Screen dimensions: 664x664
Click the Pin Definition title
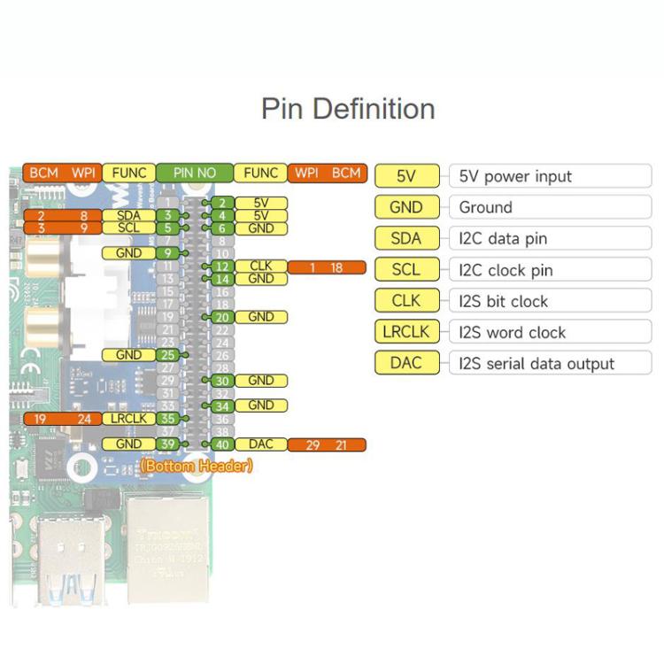coord(348,109)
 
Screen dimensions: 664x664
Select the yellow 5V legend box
coord(406,176)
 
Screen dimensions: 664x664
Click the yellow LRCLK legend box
coord(406,333)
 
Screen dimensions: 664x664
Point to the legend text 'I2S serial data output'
coord(537,364)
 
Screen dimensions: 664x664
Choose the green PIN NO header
coord(195,173)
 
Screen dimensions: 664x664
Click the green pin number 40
coord(222,444)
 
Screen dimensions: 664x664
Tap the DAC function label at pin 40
coord(261,444)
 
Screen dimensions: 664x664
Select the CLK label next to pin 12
coord(261,266)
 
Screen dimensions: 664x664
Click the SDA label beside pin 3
coord(129,215)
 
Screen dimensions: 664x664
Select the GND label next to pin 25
coord(129,355)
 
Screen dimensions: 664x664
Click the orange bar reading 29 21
coord(327,444)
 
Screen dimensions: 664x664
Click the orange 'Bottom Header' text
coord(197,466)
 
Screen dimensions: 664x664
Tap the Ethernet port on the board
coord(167,542)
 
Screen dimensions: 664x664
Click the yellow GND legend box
coord(406,207)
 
